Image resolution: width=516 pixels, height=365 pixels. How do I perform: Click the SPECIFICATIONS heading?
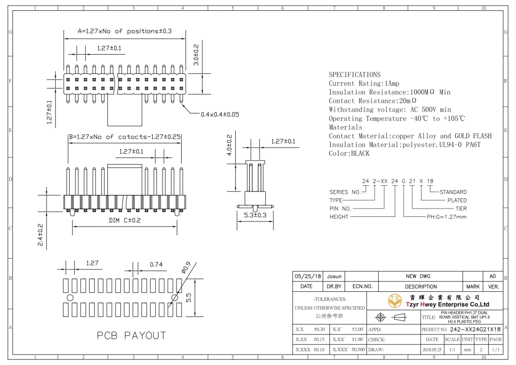[354, 75]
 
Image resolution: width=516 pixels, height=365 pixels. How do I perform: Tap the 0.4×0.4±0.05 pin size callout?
[220, 115]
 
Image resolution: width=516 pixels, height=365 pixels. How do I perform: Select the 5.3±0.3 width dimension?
[255, 215]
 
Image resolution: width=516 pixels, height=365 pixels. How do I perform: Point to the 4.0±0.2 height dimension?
[230, 145]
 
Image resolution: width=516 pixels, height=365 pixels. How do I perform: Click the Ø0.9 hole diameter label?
[186, 268]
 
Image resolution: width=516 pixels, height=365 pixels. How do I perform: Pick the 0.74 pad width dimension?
[156, 265]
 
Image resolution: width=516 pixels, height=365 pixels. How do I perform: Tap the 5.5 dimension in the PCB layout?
[188, 298]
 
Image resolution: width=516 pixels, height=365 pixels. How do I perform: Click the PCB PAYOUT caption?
[131, 336]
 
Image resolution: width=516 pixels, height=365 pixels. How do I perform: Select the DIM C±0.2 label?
[125, 220]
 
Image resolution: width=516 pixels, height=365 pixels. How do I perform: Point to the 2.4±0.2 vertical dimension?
[40, 235]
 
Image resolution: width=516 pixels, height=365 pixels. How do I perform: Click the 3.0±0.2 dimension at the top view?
[196, 55]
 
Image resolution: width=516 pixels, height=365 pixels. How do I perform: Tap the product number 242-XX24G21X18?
[475, 329]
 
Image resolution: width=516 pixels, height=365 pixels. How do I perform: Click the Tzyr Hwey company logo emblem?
[395, 300]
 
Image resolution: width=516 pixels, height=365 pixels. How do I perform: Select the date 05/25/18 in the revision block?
[308, 277]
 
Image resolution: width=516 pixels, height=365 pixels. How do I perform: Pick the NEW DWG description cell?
[418, 277]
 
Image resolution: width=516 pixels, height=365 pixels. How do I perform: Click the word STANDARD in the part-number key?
[453, 192]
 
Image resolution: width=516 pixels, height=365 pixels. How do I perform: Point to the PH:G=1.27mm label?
[446, 217]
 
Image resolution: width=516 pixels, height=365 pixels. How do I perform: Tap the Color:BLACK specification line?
[349, 153]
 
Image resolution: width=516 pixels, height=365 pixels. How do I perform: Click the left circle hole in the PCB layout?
[70, 298]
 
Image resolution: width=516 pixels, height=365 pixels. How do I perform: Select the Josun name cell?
[334, 277]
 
